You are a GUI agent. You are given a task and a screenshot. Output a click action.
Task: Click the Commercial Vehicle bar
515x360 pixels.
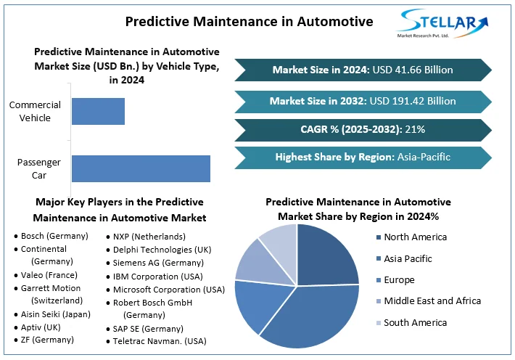98,110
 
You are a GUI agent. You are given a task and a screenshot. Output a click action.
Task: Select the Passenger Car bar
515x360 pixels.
140,168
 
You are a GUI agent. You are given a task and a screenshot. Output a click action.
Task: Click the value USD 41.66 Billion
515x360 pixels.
412,70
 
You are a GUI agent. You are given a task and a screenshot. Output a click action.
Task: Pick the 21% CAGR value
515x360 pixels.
416,129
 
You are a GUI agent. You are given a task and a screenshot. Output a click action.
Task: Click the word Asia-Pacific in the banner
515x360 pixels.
424,157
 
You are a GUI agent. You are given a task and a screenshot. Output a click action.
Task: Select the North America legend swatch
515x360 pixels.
379,237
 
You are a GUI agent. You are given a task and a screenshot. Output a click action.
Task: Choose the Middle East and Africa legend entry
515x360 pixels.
432,300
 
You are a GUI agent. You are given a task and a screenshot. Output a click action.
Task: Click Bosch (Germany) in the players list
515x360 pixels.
54,236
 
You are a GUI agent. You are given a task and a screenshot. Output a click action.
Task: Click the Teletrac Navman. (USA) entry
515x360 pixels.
160,341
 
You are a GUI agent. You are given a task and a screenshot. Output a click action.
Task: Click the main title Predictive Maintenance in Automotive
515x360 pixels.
249,21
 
